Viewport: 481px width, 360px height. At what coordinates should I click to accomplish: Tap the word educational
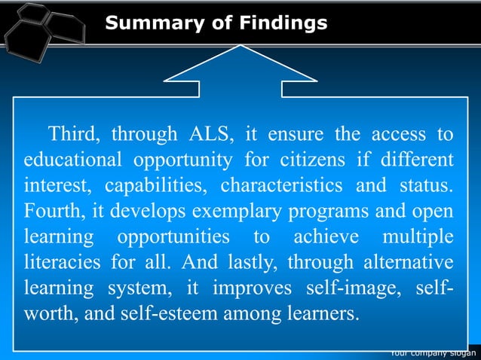[x=71, y=160]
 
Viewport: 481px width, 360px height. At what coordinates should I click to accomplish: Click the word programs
[x=294, y=209]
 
